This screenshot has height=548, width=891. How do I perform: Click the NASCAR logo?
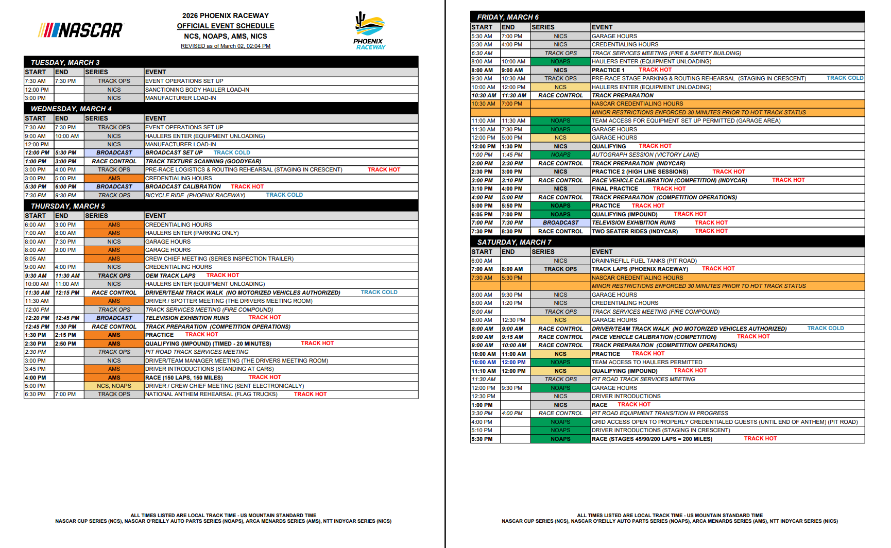click(x=81, y=30)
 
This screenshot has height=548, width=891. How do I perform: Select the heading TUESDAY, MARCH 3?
click(x=65, y=62)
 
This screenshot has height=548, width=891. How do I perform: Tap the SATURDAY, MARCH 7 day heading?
click(x=514, y=242)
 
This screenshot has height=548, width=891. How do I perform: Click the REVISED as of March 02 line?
click(x=226, y=46)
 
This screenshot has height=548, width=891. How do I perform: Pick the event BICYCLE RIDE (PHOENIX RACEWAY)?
click(x=195, y=195)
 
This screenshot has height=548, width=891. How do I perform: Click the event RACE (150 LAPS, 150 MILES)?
click(x=184, y=378)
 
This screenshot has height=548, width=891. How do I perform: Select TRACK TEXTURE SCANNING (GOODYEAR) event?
click(x=203, y=161)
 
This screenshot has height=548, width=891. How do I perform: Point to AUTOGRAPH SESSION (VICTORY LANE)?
click(x=645, y=155)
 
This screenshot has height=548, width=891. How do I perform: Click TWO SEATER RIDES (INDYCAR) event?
click(x=635, y=231)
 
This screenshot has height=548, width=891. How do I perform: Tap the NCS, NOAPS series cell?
click(x=114, y=386)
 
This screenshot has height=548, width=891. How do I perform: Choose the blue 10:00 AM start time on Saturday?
click(x=484, y=362)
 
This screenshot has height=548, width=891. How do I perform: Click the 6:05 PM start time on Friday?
click(x=482, y=214)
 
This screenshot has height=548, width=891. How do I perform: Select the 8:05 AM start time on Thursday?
click(x=36, y=259)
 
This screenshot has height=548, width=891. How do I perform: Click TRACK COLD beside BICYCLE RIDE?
click(x=284, y=195)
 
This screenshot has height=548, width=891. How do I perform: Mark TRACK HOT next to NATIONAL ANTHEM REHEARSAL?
click(x=310, y=394)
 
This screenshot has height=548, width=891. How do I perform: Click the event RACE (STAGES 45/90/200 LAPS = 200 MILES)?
click(x=652, y=439)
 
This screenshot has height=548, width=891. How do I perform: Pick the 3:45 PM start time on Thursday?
click(x=36, y=369)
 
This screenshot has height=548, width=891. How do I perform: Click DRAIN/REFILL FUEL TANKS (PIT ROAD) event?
click(x=644, y=261)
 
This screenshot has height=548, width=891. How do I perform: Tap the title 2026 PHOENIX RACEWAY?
click(x=226, y=15)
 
